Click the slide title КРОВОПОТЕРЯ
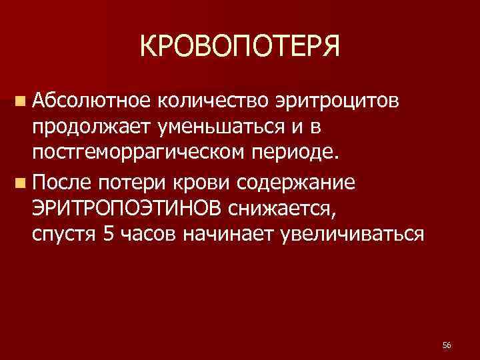(240, 47)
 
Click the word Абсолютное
(83, 100)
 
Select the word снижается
(281, 209)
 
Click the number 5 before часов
(109, 235)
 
